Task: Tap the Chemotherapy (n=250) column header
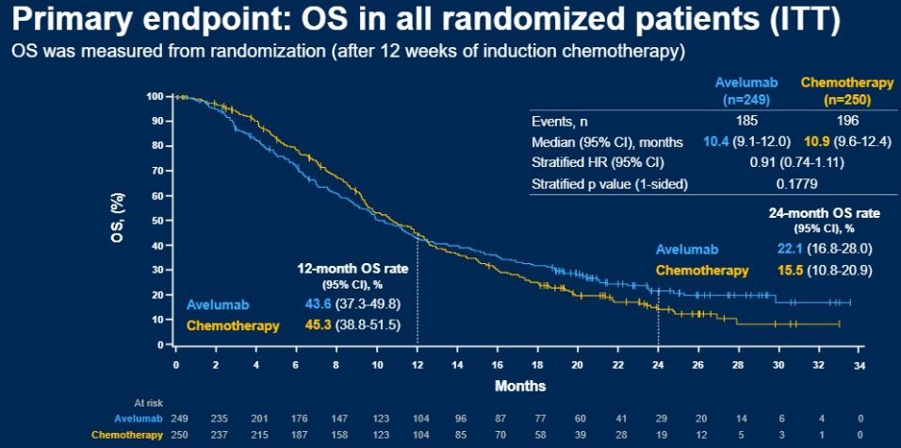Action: (x=834, y=91)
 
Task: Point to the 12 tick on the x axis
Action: (x=417, y=363)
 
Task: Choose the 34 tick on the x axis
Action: (x=859, y=363)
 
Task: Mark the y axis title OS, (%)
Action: (x=119, y=219)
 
